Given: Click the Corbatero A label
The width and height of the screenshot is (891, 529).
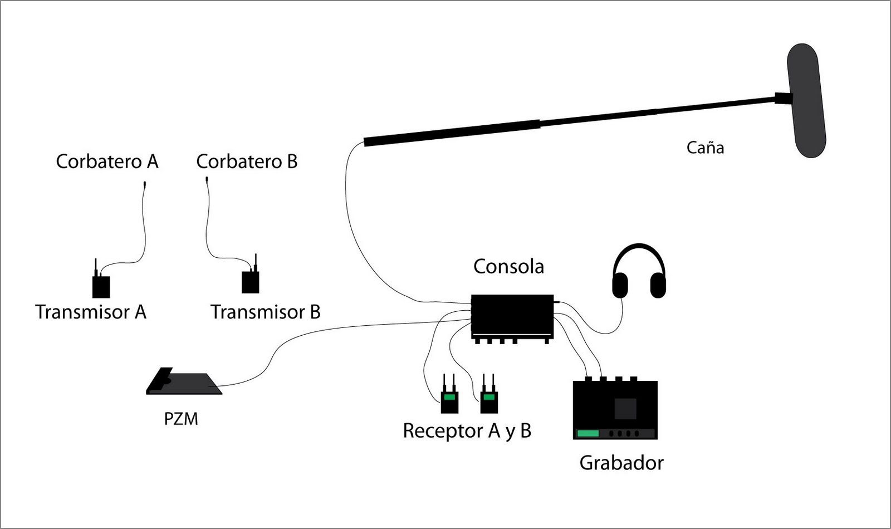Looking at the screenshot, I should [107, 161].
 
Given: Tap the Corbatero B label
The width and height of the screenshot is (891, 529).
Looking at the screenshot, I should [247, 161].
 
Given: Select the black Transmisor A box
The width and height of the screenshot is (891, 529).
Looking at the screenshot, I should [101, 287].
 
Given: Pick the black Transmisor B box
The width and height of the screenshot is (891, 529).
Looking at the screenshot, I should [250, 282].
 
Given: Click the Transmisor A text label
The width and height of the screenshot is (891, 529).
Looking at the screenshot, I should [91, 312].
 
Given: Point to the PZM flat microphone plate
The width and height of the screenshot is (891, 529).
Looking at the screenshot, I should [187, 384].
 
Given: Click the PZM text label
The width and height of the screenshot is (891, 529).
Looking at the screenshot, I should [181, 419].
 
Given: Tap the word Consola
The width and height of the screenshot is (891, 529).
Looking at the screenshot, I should [508, 266].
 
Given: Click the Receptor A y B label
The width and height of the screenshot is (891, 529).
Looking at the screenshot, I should [467, 431].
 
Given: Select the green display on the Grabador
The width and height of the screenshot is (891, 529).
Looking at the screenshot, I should [588, 433].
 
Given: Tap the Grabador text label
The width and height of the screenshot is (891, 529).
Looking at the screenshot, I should [621, 463].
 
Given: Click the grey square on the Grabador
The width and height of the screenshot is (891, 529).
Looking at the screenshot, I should [625, 409].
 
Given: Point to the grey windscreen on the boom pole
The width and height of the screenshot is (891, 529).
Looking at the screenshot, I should [806, 100].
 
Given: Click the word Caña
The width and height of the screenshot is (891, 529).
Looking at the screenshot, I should [705, 148].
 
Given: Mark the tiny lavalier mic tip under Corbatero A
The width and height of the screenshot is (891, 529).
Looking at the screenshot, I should [144, 184].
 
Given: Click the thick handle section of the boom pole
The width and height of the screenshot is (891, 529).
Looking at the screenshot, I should [451, 133].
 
